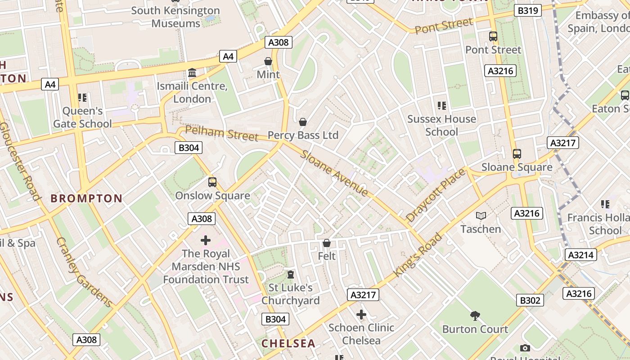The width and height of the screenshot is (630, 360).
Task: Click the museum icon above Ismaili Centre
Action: (192, 72)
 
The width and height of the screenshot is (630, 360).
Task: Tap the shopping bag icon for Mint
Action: (268, 61)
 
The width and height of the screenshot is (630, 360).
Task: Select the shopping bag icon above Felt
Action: (327, 243)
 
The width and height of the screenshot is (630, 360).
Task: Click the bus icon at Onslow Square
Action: (212, 182)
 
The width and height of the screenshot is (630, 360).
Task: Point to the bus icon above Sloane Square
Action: (517, 154)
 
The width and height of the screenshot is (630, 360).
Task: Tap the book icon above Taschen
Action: (481, 216)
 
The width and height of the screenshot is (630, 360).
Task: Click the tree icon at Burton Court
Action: (475, 315)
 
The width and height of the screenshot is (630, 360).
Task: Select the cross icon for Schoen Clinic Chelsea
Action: (361, 315)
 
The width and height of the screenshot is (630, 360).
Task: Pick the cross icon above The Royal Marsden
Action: (206, 240)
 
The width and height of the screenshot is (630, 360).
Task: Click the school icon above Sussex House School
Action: (442, 106)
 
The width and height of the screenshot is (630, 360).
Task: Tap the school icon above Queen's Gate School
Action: (82, 98)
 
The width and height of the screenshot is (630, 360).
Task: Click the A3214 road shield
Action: (580, 255)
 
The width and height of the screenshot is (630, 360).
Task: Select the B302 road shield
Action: (530, 300)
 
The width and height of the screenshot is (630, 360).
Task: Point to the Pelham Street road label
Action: (222, 133)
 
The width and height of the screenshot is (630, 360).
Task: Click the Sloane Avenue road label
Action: (334, 173)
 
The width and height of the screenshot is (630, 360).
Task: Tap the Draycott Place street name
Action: (435, 195)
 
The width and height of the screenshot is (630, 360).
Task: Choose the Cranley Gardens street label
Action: (84, 272)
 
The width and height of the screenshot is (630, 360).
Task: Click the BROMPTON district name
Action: (86, 198)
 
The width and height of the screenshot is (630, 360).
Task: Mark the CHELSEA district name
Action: (288, 343)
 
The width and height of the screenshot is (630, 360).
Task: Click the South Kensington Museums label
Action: (175, 17)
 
